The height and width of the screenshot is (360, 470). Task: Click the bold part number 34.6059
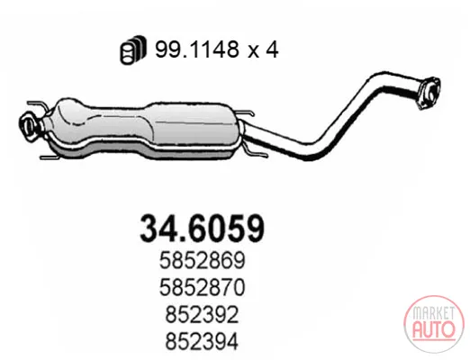click(x=202, y=229)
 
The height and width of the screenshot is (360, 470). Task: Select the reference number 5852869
click(x=202, y=260)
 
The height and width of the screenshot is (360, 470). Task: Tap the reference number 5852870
click(x=202, y=287)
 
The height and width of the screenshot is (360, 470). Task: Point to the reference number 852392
click(x=202, y=314)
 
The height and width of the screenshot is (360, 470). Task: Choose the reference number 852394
click(x=202, y=341)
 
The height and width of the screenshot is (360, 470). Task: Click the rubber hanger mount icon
click(x=133, y=49)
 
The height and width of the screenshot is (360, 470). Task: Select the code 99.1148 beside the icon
click(x=197, y=49)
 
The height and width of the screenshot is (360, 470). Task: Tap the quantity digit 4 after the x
click(x=272, y=49)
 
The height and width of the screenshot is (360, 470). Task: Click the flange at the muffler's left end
click(x=29, y=126)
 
